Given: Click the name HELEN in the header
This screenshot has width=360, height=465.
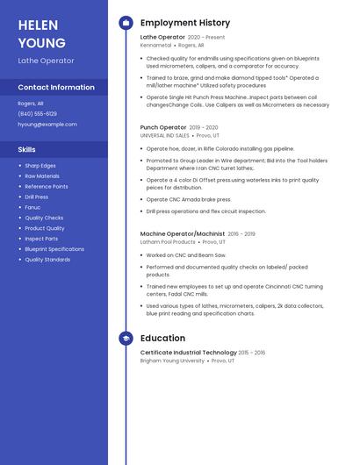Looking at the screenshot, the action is [38, 25].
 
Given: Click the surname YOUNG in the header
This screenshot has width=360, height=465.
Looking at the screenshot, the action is [41, 43].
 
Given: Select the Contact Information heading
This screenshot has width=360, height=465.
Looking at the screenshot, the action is [56, 87].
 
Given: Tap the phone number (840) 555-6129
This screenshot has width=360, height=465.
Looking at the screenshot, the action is [37, 113].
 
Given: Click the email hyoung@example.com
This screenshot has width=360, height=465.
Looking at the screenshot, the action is [47, 124].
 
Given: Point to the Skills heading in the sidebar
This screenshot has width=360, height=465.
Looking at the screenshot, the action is [26, 149].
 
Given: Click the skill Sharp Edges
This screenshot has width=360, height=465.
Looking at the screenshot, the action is [40, 165].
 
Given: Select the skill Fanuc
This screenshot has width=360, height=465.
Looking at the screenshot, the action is [32, 207].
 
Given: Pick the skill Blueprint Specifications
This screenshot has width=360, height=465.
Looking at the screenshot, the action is [54, 249].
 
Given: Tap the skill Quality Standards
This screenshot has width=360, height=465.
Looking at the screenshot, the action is [47, 260].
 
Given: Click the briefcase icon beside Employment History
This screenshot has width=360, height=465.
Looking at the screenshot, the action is [126, 22].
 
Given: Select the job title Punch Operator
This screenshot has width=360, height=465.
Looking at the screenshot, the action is [163, 127].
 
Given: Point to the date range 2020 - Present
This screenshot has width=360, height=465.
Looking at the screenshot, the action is [206, 38].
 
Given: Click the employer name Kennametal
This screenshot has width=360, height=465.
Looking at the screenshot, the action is [155, 45].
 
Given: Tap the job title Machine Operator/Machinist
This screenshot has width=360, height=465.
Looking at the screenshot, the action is [183, 234].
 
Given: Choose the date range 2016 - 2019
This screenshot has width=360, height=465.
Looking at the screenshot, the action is [241, 234].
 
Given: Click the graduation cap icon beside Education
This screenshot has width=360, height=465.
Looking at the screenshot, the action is [126, 338].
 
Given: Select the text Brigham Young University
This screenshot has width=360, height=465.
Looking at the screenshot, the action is [172, 361].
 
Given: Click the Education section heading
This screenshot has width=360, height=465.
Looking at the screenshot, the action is [162, 338].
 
